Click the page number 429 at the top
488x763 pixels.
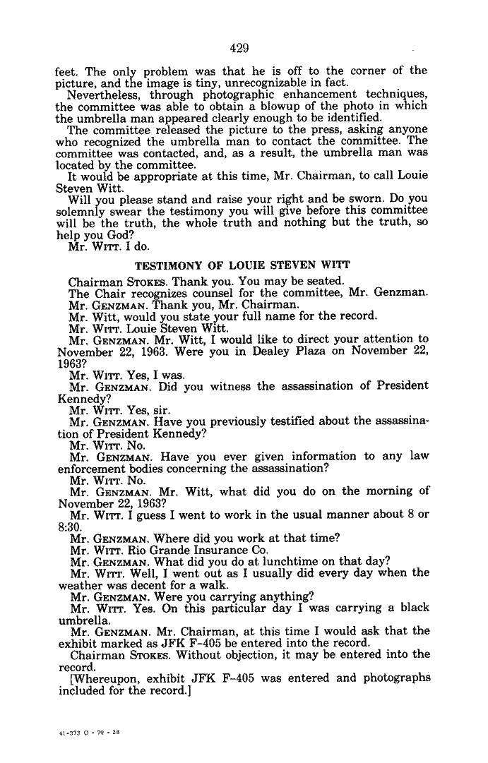[x=240, y=48]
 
